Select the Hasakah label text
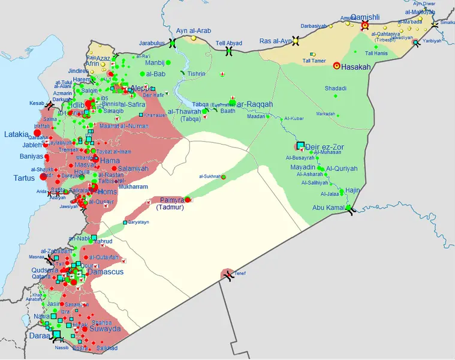tap(354, 67)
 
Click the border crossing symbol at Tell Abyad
tap(228, 52)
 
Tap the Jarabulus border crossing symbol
tap(173, 43)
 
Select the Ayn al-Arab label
tap(194, 31)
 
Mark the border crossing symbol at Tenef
tap(227, 275)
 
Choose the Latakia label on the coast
tap(17, 133)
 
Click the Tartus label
tap(25, 178)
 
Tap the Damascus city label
tap(105, 272)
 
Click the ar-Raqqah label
tap(255, 104)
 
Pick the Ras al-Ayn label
tap(275, 41)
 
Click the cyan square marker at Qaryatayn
tap(125, 223)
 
